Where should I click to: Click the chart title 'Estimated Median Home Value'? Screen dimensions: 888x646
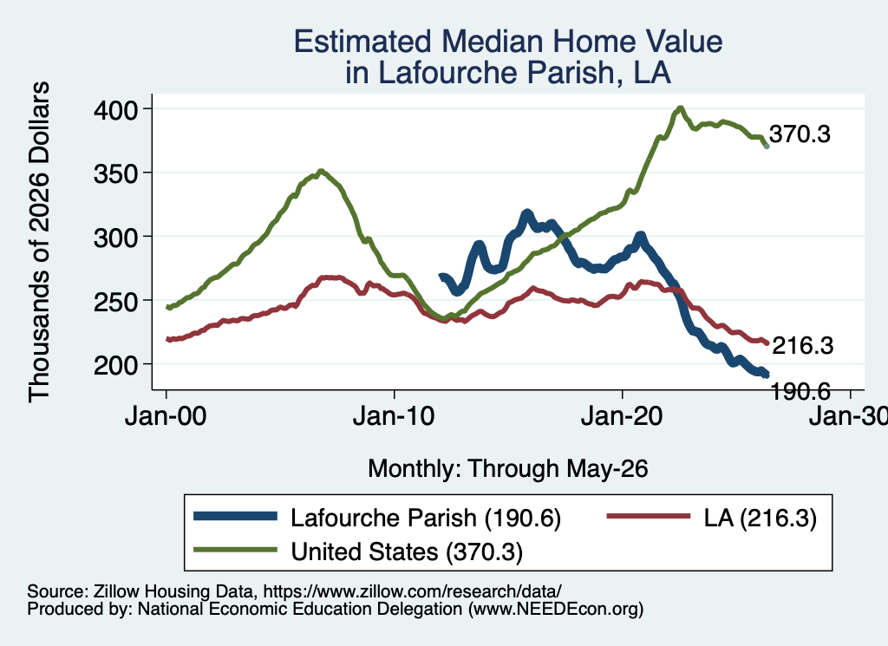pos(508,42)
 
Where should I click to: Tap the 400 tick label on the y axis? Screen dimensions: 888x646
pos(115,109)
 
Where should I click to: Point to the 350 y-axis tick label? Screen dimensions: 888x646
pos(115,173)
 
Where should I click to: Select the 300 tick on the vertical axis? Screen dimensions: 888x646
pos(115,238)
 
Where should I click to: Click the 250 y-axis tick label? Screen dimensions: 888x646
pos(115,301)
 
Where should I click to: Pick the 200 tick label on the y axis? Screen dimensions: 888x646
pos(115,365)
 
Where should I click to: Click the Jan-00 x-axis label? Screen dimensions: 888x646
pos(166,416)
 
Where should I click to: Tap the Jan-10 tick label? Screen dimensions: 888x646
pos(394,416)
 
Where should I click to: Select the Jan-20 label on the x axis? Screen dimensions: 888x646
pos(622,416)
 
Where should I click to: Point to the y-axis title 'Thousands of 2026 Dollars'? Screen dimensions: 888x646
pos(40,242)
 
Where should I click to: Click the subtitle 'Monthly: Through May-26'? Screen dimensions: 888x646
pos(508,469)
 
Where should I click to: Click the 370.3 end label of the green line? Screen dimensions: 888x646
pos(800,134)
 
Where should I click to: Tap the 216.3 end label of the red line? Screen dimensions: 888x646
pos(802,345)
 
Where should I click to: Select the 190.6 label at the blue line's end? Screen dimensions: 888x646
pos(800,391)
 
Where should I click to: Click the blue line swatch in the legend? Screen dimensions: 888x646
pos(235,516)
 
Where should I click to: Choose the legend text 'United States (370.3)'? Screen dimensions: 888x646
pos(407,552)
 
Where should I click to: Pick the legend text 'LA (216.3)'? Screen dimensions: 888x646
pos(760,518)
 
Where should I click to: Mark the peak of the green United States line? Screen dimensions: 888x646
pos(680,108)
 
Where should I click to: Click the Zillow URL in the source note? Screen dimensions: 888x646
pos(412,591)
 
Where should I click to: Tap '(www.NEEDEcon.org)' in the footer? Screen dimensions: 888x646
pos(556,610)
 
